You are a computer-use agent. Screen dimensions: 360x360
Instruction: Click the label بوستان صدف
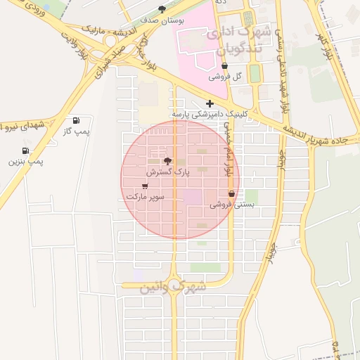(x=162, y=20)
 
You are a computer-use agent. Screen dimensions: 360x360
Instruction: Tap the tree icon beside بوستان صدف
(x=162, y=9)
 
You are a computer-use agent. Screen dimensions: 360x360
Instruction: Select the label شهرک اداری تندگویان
(x=236, y=41)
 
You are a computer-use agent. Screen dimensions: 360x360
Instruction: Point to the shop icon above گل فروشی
(x=224, y=66)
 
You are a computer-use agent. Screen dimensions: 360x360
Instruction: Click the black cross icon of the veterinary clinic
(x=210, y=103)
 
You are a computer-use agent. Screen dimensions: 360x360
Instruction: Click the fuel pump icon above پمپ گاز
(x=76, y=120)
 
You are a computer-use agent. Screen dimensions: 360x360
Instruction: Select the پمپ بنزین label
(x=26, y=162)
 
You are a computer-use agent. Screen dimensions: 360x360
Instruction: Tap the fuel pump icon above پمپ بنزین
(x=26, y=150)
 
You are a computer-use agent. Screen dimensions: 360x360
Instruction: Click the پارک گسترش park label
(x=167, y=172)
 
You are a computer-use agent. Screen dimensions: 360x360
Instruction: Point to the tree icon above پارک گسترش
(x=167, y=161)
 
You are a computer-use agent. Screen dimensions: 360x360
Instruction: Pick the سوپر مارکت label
(x=145, y=197)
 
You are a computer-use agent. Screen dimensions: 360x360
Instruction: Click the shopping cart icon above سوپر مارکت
(x=145, y=186)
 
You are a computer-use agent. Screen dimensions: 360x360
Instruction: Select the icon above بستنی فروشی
(x=231, y=194)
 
